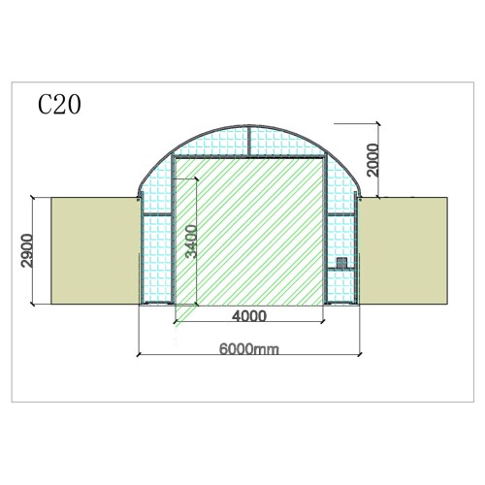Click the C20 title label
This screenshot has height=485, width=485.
click(59, 105)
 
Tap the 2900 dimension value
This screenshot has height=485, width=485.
click(27, 250)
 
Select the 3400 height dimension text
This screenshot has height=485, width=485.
click(191, 242)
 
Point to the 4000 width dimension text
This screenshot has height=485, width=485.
click(249, 316)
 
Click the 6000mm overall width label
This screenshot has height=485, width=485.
click(249, 349)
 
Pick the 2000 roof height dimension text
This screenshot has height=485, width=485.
click(372, 160)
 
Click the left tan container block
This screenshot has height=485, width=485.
click(95, 251)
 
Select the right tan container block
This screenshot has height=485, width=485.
click(404, 250)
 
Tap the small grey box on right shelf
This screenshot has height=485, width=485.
click(341, 263)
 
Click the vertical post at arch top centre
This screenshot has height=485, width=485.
click(249, 141)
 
